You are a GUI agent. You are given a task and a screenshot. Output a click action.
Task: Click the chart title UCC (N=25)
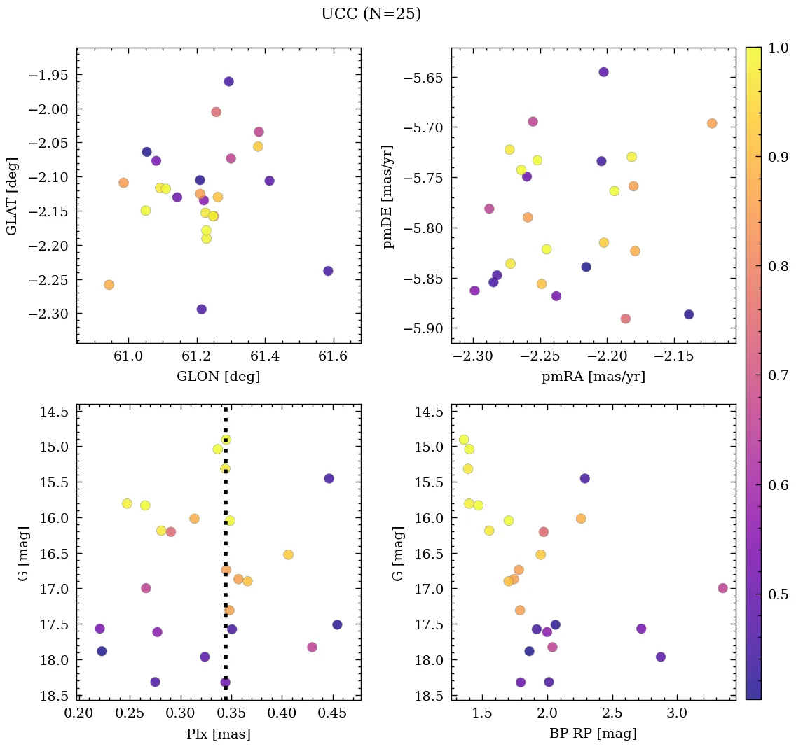[x=371, y=14]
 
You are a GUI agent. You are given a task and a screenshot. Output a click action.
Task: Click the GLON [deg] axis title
[x=219, y=377]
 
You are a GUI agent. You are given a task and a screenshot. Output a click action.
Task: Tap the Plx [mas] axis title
[x=219, y=734]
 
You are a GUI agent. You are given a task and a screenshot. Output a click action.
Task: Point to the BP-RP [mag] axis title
[x=593, y=734]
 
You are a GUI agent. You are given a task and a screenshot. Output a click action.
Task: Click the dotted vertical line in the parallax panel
[x=225, y=560]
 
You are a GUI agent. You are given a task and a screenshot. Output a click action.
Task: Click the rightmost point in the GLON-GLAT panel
[x=328, y=271]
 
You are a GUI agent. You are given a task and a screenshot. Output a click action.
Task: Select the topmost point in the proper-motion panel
[x=603, y=72]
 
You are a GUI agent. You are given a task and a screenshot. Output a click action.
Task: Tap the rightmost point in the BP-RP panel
[x=722, y=588]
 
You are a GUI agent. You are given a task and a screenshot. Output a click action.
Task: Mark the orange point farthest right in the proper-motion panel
[x=712, y=123]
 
